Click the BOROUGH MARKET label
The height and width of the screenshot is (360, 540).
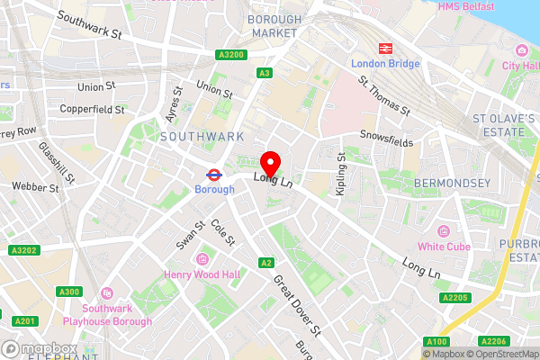coord(274,25)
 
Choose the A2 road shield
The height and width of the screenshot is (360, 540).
coord(265,263)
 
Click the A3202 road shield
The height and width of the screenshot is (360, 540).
coord(23,250)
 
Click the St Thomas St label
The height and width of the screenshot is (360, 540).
coord(385,96)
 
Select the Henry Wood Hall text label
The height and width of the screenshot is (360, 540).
coord(199,274)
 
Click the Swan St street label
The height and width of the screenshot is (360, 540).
coord(187,236)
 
